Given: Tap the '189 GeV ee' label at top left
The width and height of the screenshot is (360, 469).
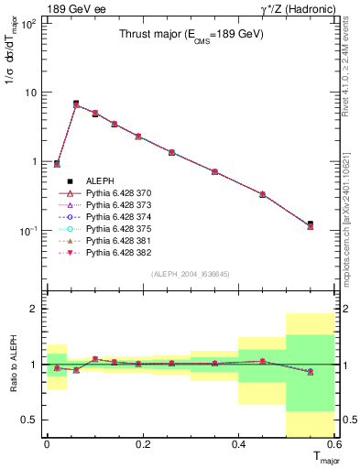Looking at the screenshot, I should coord(74,9).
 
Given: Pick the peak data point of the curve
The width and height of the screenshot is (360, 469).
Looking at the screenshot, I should coord(76,104).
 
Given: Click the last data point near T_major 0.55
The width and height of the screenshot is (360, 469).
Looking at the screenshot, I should coord(311,224).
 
